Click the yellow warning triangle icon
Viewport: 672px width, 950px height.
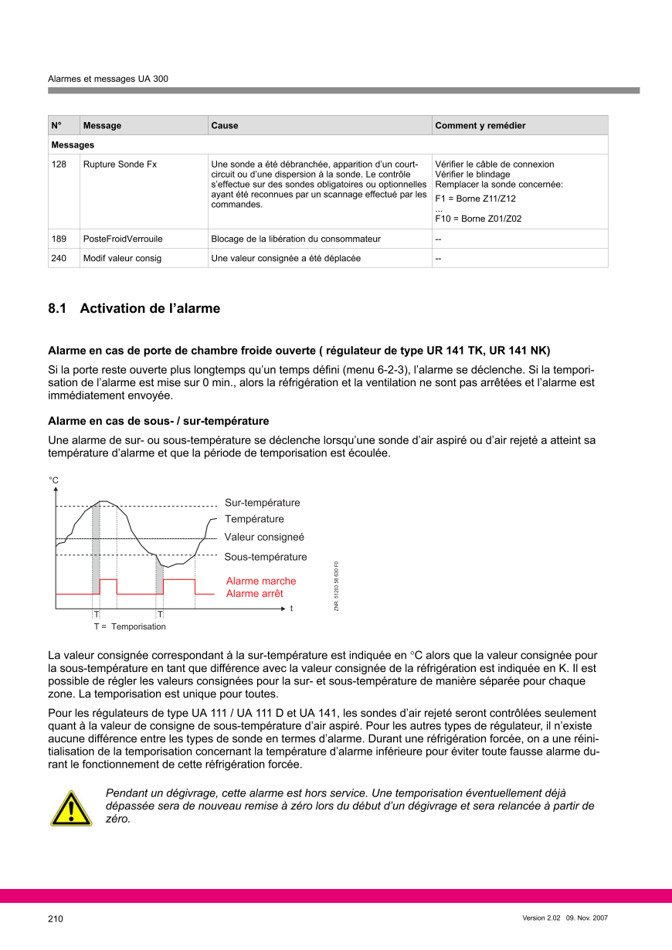71,809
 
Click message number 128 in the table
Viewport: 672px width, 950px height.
59,165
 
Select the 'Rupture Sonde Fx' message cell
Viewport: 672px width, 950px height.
120,165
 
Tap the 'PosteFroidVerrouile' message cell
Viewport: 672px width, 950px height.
123,239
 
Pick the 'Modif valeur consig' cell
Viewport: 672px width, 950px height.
122,258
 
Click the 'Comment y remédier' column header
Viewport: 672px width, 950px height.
480,125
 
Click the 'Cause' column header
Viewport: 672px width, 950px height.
225,125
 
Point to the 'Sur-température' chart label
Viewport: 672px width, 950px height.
262,503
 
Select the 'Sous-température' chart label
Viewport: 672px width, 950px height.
265,557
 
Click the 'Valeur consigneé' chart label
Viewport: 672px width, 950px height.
264,537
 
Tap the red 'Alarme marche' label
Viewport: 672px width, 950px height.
260,581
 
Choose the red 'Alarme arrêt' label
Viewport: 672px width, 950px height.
254,593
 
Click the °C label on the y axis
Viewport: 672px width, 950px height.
54,480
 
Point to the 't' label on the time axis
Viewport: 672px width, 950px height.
292,609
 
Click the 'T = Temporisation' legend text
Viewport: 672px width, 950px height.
130,626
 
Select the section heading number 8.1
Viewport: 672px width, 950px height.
57,309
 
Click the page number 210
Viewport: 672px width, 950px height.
56,919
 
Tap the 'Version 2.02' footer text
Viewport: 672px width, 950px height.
541,918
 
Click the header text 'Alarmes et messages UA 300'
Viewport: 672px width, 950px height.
108,79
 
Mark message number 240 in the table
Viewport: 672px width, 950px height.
59,258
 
